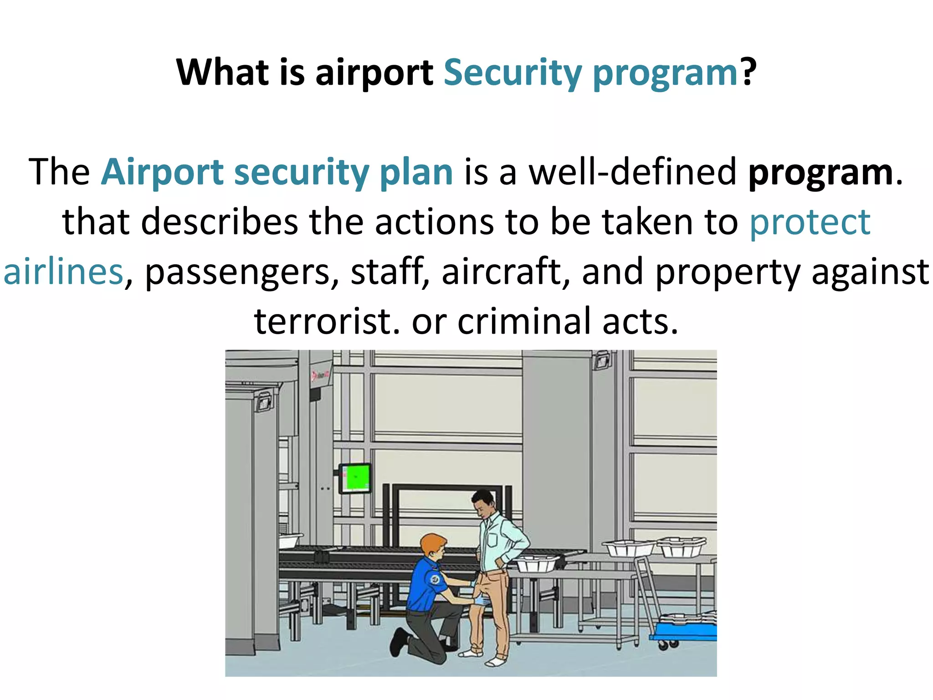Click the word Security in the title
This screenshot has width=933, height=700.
[x=513, y=73]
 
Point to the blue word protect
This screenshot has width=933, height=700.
[x=810, y=222]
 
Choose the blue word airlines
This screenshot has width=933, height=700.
[x=63, y=272]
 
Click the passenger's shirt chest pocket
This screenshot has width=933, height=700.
[x=492, y=540]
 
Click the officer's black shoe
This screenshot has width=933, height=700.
[x=398, y=642]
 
